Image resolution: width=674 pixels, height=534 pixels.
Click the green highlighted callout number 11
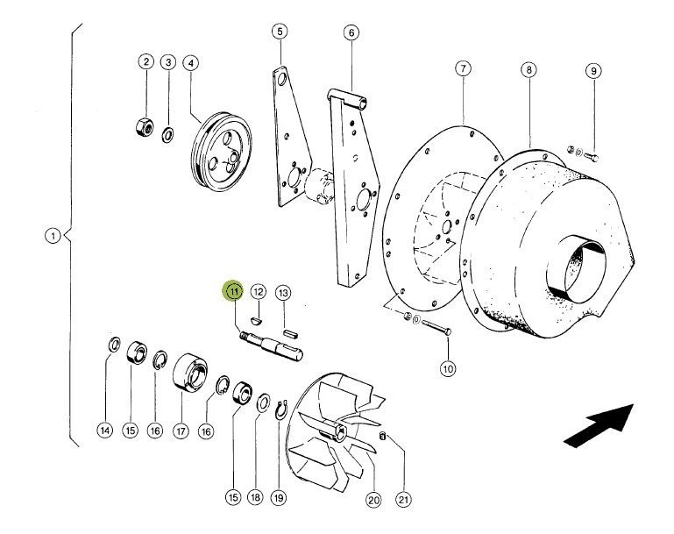[234, 291]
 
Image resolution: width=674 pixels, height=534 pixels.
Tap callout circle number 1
[54, 236]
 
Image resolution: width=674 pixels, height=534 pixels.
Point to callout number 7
[463, 70]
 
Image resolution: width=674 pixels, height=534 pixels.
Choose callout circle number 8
[529, 70]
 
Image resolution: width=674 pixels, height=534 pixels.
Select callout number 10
[447, 369]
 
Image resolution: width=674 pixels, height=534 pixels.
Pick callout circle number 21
[403, 500]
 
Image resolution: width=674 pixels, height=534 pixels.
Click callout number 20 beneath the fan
[373, 501]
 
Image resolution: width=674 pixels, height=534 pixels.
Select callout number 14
[104, 431]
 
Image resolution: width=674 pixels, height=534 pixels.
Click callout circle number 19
[279, 497]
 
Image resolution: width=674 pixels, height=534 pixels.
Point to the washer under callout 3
[168, 133]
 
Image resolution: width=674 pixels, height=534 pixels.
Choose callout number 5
[280, 32]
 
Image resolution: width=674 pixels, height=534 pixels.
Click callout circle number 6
[351, 33]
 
